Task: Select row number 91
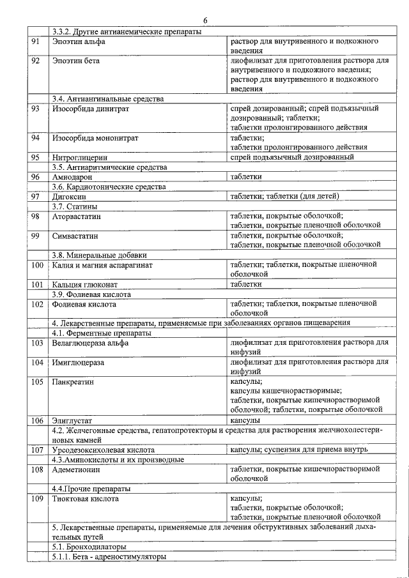coord(36,42)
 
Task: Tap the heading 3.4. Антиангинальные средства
coord(108,99)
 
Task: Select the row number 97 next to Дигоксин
coord(36,197)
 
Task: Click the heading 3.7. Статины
coord(74,206)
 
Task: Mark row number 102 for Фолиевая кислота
coord(36,305)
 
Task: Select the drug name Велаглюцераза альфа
coord(90,343)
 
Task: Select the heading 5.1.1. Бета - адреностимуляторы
coord(109,556)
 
